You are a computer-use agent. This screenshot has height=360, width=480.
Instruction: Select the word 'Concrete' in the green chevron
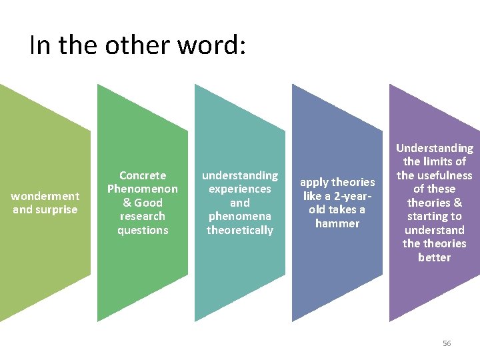click(143, 175)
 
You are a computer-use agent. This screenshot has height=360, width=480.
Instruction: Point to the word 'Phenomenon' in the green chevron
click(143, 189)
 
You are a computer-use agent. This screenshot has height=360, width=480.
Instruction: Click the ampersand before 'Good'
click(127, 203)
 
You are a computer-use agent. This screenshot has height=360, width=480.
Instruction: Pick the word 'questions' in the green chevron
click(143, 230)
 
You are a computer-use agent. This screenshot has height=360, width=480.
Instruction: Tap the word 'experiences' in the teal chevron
click(240, 189)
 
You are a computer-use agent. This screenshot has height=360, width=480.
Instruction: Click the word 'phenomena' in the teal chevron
click(240, 216)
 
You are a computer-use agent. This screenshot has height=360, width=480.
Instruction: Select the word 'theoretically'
click(240, 230)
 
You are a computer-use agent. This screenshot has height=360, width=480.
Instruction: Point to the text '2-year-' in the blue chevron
click(351, 196)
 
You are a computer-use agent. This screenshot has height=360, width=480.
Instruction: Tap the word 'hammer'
click(337, 223)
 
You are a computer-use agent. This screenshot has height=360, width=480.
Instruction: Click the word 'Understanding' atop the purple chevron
click(435, 148)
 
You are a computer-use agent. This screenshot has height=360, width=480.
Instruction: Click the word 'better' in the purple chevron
click(435, 257)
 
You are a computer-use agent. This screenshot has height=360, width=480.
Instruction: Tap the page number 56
click(447, 343)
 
